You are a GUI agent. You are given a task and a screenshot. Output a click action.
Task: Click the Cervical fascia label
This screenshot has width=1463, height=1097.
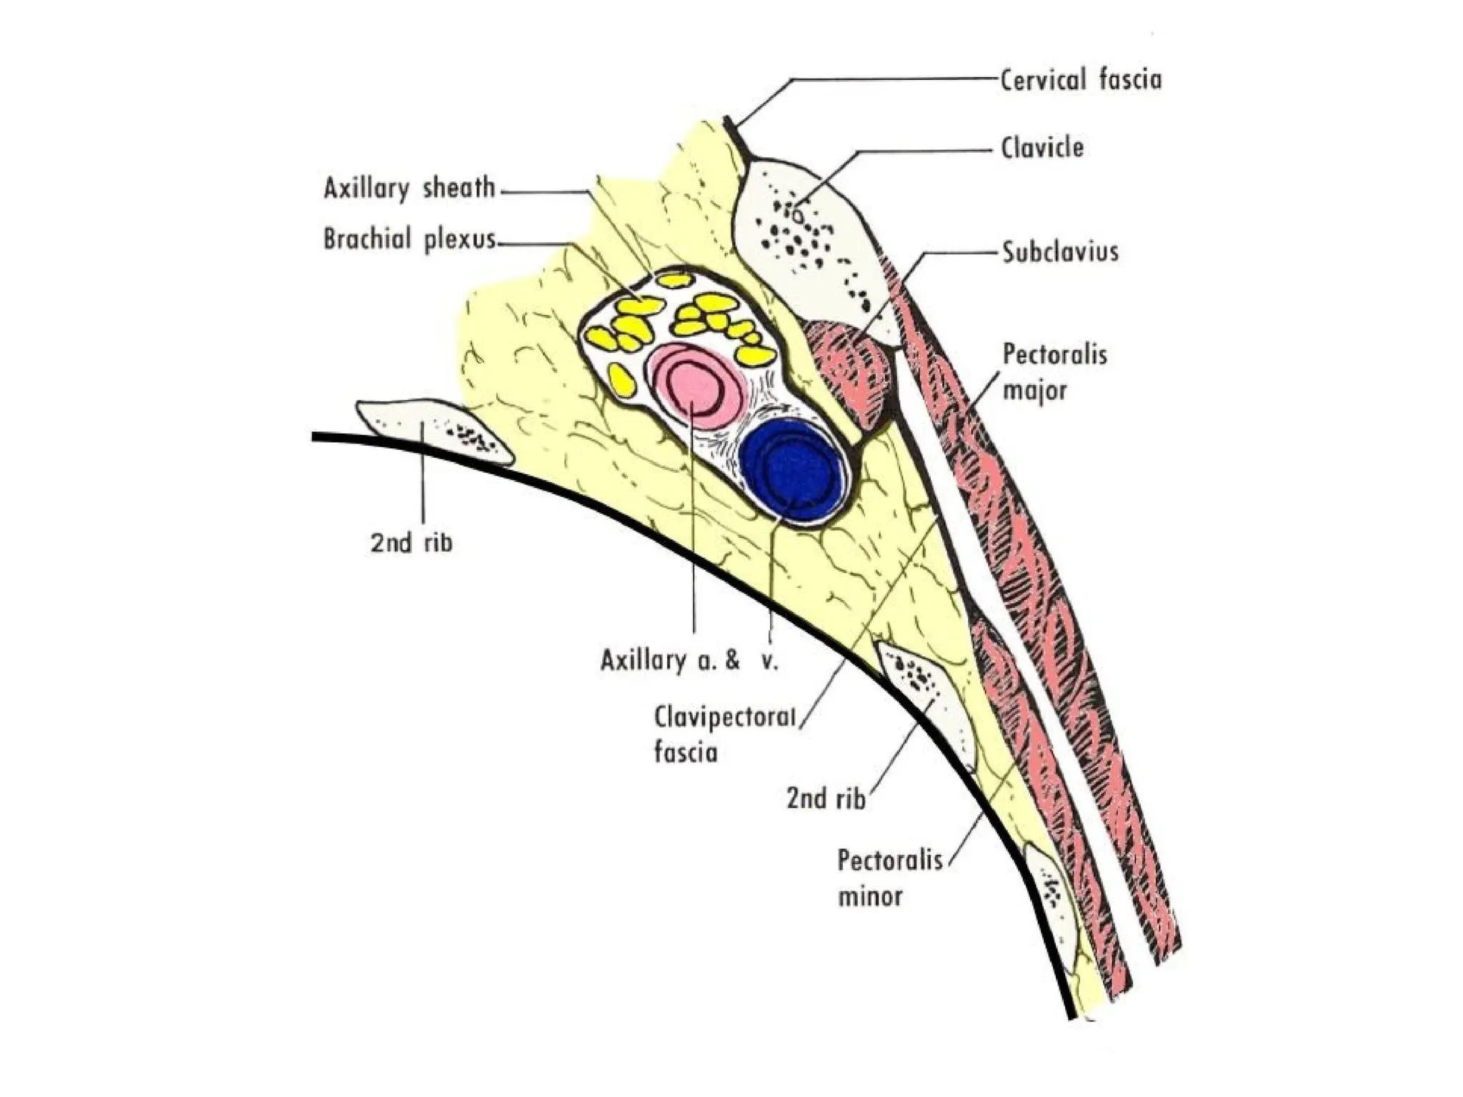pos(1080,80)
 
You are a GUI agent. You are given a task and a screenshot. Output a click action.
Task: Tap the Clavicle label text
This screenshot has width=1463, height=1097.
pos(1042,149)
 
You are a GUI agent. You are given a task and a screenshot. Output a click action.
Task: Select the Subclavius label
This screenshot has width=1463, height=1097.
pos(1060,252)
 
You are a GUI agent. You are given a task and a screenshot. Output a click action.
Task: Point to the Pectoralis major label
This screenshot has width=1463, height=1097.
pos(1054,372)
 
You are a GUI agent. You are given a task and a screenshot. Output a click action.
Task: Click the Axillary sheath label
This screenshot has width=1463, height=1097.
pos(409,189)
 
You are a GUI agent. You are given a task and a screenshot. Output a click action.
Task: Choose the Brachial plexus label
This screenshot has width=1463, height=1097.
pos(409,239)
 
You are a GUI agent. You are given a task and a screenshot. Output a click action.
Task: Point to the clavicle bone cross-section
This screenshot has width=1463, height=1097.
pos(807,243)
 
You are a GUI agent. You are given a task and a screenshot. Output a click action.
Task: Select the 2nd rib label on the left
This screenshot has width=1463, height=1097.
pos(411,544)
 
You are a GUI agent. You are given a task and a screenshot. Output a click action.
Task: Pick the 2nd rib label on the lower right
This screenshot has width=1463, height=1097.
pos(826,798)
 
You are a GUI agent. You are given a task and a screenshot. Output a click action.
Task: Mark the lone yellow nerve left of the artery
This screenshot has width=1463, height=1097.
pos(623,379)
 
